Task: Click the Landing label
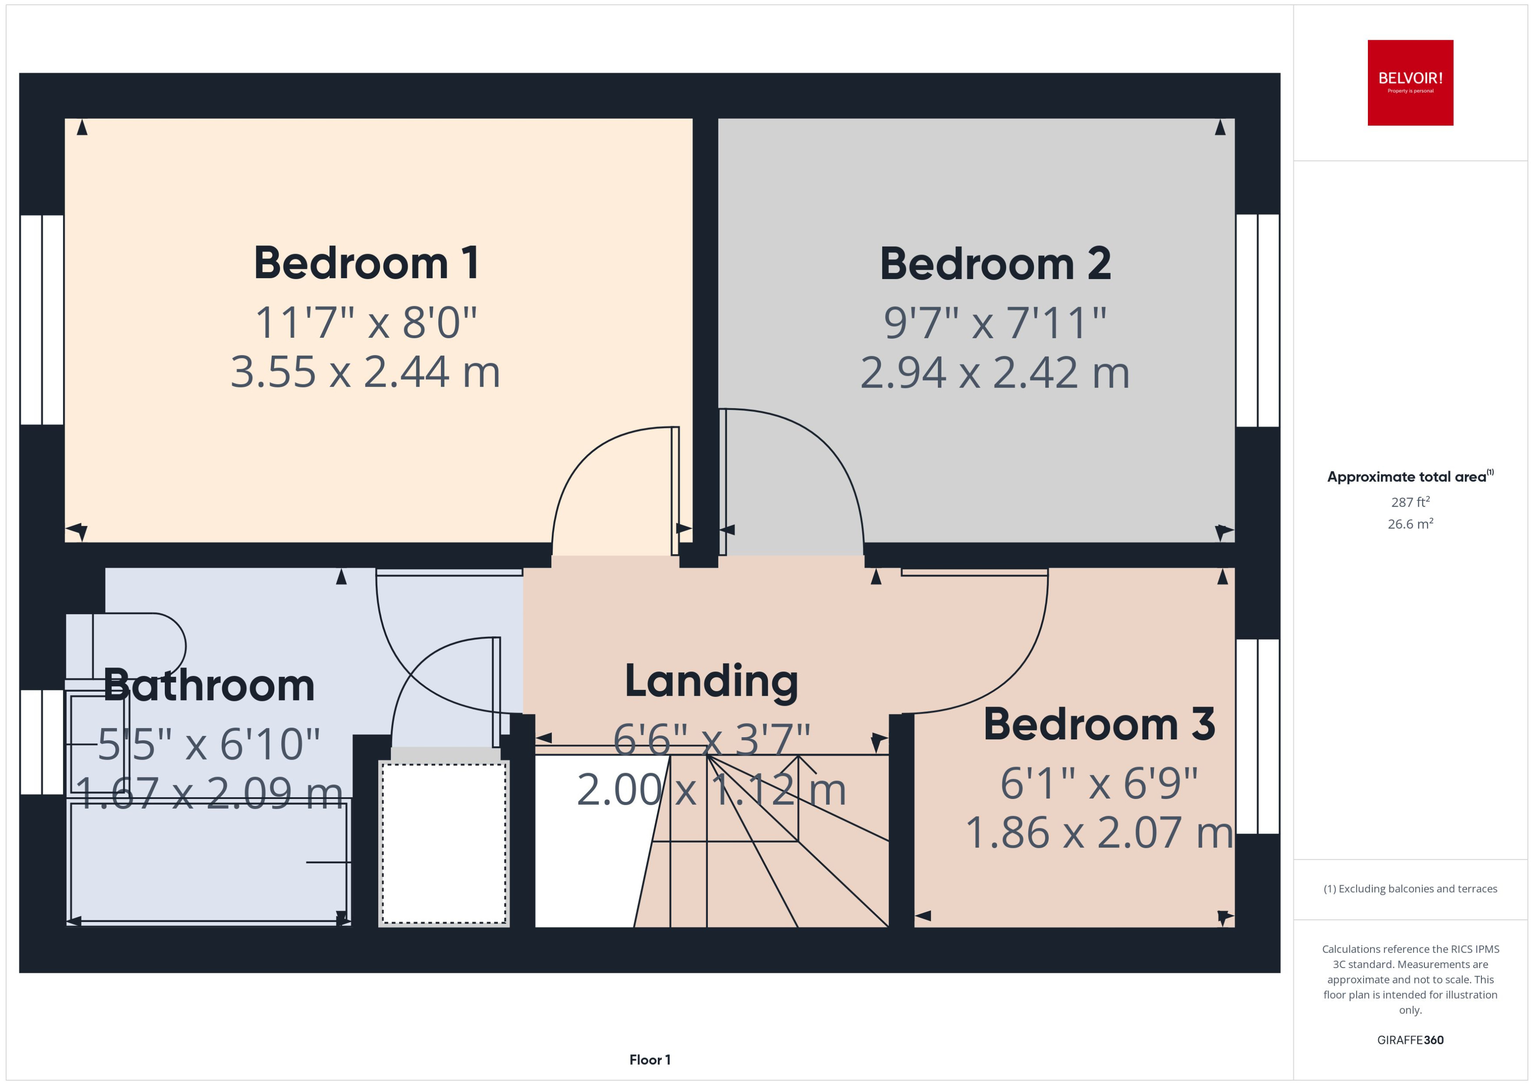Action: tap(711, 682)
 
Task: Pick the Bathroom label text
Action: tap(209, 686)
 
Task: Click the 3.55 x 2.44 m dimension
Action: tap(366, 372)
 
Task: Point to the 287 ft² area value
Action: tap(1410, 502)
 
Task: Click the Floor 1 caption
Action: tap(650, 1060)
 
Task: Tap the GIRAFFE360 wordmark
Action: tap(1410, 1039)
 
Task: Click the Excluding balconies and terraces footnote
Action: tap(1410, 889)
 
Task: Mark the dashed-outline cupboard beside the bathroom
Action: tap(444, 843)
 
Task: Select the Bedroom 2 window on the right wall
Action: tap(1257, 320)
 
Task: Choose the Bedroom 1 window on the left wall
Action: tap(42, 319)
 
